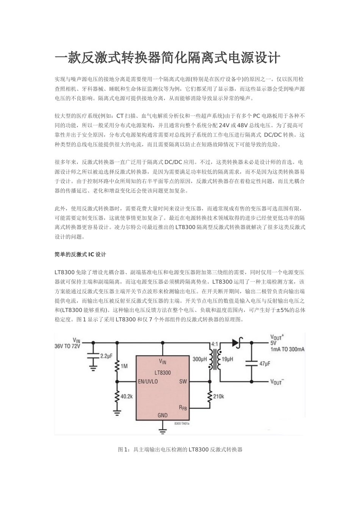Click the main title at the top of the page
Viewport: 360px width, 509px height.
(x=168, y=58)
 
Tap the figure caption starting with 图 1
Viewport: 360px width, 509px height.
(x=180, y=450)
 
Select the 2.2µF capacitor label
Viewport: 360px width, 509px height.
(x=106, y=356)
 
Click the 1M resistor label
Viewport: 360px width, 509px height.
(x=124, y=366)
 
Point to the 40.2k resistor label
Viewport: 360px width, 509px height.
(x=127, y=397)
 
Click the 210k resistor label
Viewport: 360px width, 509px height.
(x=219, y=397)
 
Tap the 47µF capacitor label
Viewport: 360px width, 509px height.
(x=265, y=364)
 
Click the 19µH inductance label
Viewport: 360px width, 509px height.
(x=227, y=359)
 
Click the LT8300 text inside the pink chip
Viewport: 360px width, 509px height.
(x=162, y=373)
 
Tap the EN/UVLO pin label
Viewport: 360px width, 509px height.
(x=148, y=381)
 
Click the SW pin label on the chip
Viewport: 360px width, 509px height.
(x=183, y=381)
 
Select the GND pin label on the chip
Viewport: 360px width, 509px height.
(x=162, y=415)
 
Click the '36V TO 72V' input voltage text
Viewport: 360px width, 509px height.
(x=68, y=347)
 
